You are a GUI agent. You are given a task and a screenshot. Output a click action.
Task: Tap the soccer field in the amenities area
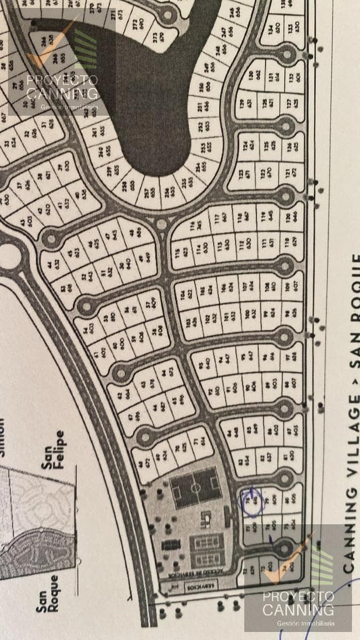pyautogui.click(x=196, y=487)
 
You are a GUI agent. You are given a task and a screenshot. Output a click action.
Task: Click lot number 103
pyautogui.click(x=190, y=323)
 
